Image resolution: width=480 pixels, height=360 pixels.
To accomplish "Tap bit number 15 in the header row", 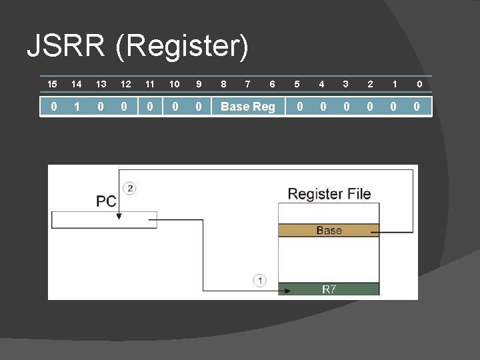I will [x=53, y=84].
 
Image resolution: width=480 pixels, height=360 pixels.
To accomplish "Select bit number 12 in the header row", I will [x=125, y=84].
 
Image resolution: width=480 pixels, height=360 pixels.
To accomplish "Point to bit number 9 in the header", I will [x=198, y=84].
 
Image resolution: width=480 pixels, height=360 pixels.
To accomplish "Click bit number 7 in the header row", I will [x=248, y=84].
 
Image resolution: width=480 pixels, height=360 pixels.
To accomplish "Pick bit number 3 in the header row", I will [x=345, y=84].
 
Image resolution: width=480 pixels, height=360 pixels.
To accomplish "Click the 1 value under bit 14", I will [x=77, y=107].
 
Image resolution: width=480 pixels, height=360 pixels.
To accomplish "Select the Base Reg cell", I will [x=248, y=107].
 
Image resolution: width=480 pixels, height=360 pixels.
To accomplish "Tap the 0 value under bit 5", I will [x=300, y=107].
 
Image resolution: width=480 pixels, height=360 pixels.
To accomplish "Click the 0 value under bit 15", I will [x=53, y=107].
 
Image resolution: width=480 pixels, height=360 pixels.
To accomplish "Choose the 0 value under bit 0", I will [x=417, y=107].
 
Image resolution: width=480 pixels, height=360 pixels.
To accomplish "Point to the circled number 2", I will [x=130, y=189].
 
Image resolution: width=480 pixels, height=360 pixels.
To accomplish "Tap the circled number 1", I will [x=259, y=281].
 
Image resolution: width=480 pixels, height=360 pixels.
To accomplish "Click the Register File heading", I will [x=329, y=194].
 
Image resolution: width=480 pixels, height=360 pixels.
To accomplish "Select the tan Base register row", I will [x=329, y=231].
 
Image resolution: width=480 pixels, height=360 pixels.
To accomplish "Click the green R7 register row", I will [x=329, y=289].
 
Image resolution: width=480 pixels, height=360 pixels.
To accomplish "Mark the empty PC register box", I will [x=104, y=220].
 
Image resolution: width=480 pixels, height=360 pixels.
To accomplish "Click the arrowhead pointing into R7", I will [x=287, y=290].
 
